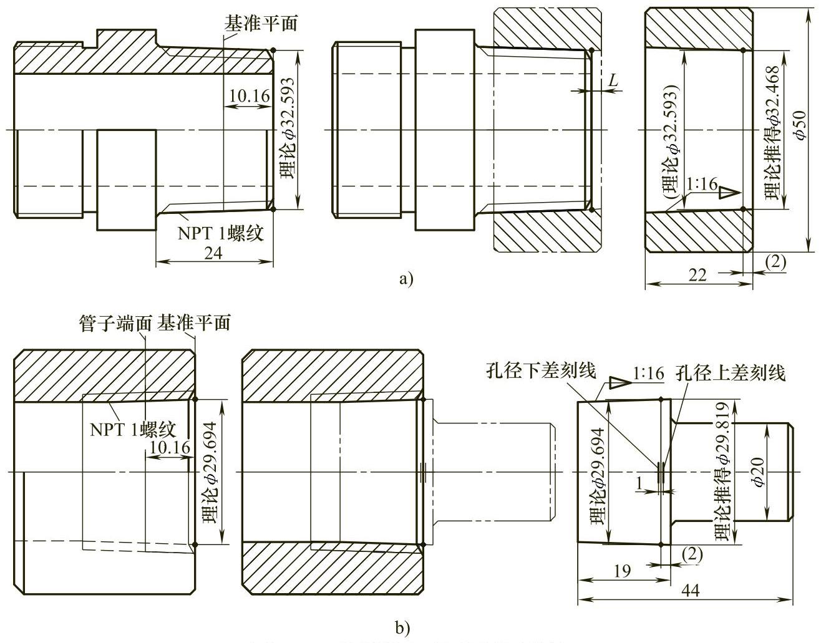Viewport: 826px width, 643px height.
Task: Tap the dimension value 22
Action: (x=698, y=274)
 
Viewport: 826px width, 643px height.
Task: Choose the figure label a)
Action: (x=406, y=278)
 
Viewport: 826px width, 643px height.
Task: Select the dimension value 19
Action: (x=622, y=570)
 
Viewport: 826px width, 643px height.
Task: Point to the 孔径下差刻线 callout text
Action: (x=541, y=372)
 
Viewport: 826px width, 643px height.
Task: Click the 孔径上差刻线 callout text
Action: (x=730, y=373)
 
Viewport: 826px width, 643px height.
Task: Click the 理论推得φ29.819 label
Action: (x=722, y=471)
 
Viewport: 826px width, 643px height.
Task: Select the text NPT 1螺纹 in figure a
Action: (x=220, y=233)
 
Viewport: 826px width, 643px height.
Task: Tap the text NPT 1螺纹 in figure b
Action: (x=132, y=430)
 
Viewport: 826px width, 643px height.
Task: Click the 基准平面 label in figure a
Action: (x=261, y=24)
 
